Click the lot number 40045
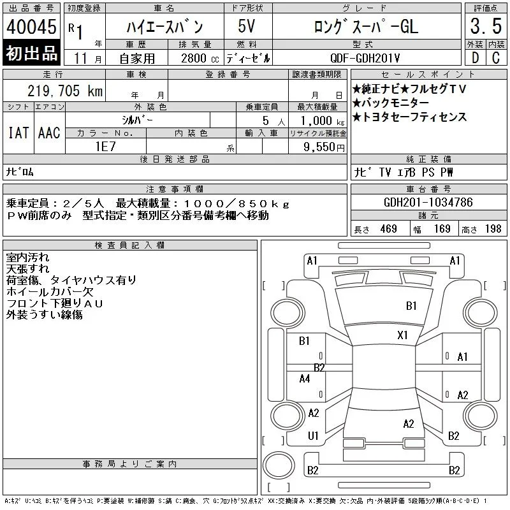click(x=31, y=26)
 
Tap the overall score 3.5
click(x=486, y=26)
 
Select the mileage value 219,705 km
click(x=65, y=91)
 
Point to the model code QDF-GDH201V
click(x=365, y=58)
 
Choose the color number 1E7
click(x=105, y=147)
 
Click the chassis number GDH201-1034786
click(x=428, y=202)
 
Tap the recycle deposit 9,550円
click(x=324, y=147)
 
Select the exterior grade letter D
click(x=475, y=57)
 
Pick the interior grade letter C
click(x=496, y=57)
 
